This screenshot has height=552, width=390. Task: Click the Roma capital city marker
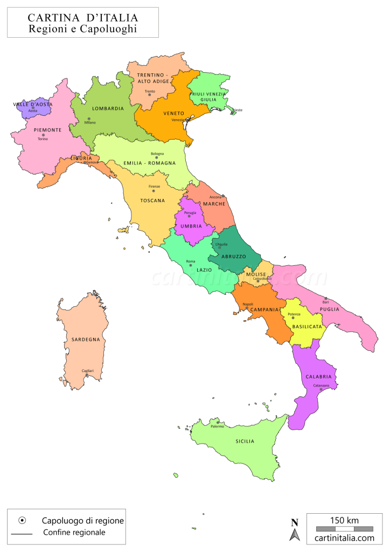tap(190, 265)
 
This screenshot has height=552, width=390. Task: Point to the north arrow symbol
tap(295, 530)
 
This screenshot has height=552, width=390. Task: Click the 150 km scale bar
tap(344, 528)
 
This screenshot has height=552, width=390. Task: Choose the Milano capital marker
tap(88, 119)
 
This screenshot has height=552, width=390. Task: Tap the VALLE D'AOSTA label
tap(33, 104)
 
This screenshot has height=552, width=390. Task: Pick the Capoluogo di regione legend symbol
tap(22, 520)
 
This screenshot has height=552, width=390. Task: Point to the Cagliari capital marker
tap(87, 375)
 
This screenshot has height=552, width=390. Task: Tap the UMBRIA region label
tap(191, 226)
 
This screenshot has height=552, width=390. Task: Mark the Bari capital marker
tap(325, 298)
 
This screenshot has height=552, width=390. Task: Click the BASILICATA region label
tap(307, 327)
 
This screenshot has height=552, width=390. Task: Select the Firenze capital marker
tap(154, 191)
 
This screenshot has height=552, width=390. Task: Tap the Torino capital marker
tap(43, 135)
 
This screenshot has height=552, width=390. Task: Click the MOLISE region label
tap(256, 274)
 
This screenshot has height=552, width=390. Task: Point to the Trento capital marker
tap(150, 95)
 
